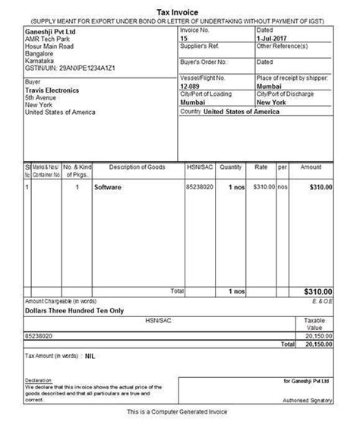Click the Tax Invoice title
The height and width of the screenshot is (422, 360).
click(180, 5)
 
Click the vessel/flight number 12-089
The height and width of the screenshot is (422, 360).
click(189, 87)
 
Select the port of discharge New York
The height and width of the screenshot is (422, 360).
click(271, 101)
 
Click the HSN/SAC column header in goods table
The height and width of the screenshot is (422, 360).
click(199, 167)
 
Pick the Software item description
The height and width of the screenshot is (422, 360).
click(109, 186)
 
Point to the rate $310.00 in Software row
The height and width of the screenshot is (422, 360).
click(261, 186)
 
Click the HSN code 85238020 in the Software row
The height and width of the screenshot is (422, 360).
click(200, 186)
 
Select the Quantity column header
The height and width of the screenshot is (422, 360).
click(232, 167)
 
